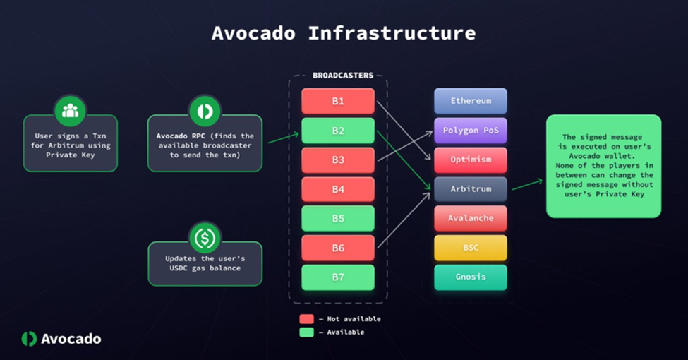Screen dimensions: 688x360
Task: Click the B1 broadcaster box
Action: tap(338, 101)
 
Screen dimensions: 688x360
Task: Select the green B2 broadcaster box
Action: tap(338, 131)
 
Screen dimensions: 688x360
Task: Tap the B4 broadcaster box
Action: tap(338, 189)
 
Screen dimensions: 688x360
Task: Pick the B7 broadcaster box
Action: tap(338, 277)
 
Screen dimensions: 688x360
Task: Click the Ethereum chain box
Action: tap(471, 100)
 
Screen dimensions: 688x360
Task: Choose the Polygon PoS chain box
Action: tap(471, 131)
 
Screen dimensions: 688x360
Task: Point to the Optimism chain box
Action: tap(471, 160)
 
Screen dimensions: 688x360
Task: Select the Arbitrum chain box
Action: tap(471, 188)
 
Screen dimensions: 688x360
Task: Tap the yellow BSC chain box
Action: tap(471, 248)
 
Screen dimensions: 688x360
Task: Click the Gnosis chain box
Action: tap(471, 277)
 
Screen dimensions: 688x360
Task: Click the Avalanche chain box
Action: tap(471, 218)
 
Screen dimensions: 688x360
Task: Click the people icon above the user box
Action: tap(70, 111)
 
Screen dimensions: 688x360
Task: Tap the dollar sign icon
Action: tap(205, 238)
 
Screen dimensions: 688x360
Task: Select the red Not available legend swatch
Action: tap(307, 319)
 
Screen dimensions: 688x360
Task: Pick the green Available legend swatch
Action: tap(307, 332)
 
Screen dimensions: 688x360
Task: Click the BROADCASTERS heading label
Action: tap(343, 76)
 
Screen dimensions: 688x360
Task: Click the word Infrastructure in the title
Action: tap(392, 33)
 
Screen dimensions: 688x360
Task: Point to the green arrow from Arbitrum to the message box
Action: tap(527, 184)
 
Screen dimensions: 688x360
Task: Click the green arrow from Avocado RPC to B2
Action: tap(284, 138)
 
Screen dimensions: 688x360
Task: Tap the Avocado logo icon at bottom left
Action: tap(29, 339)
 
